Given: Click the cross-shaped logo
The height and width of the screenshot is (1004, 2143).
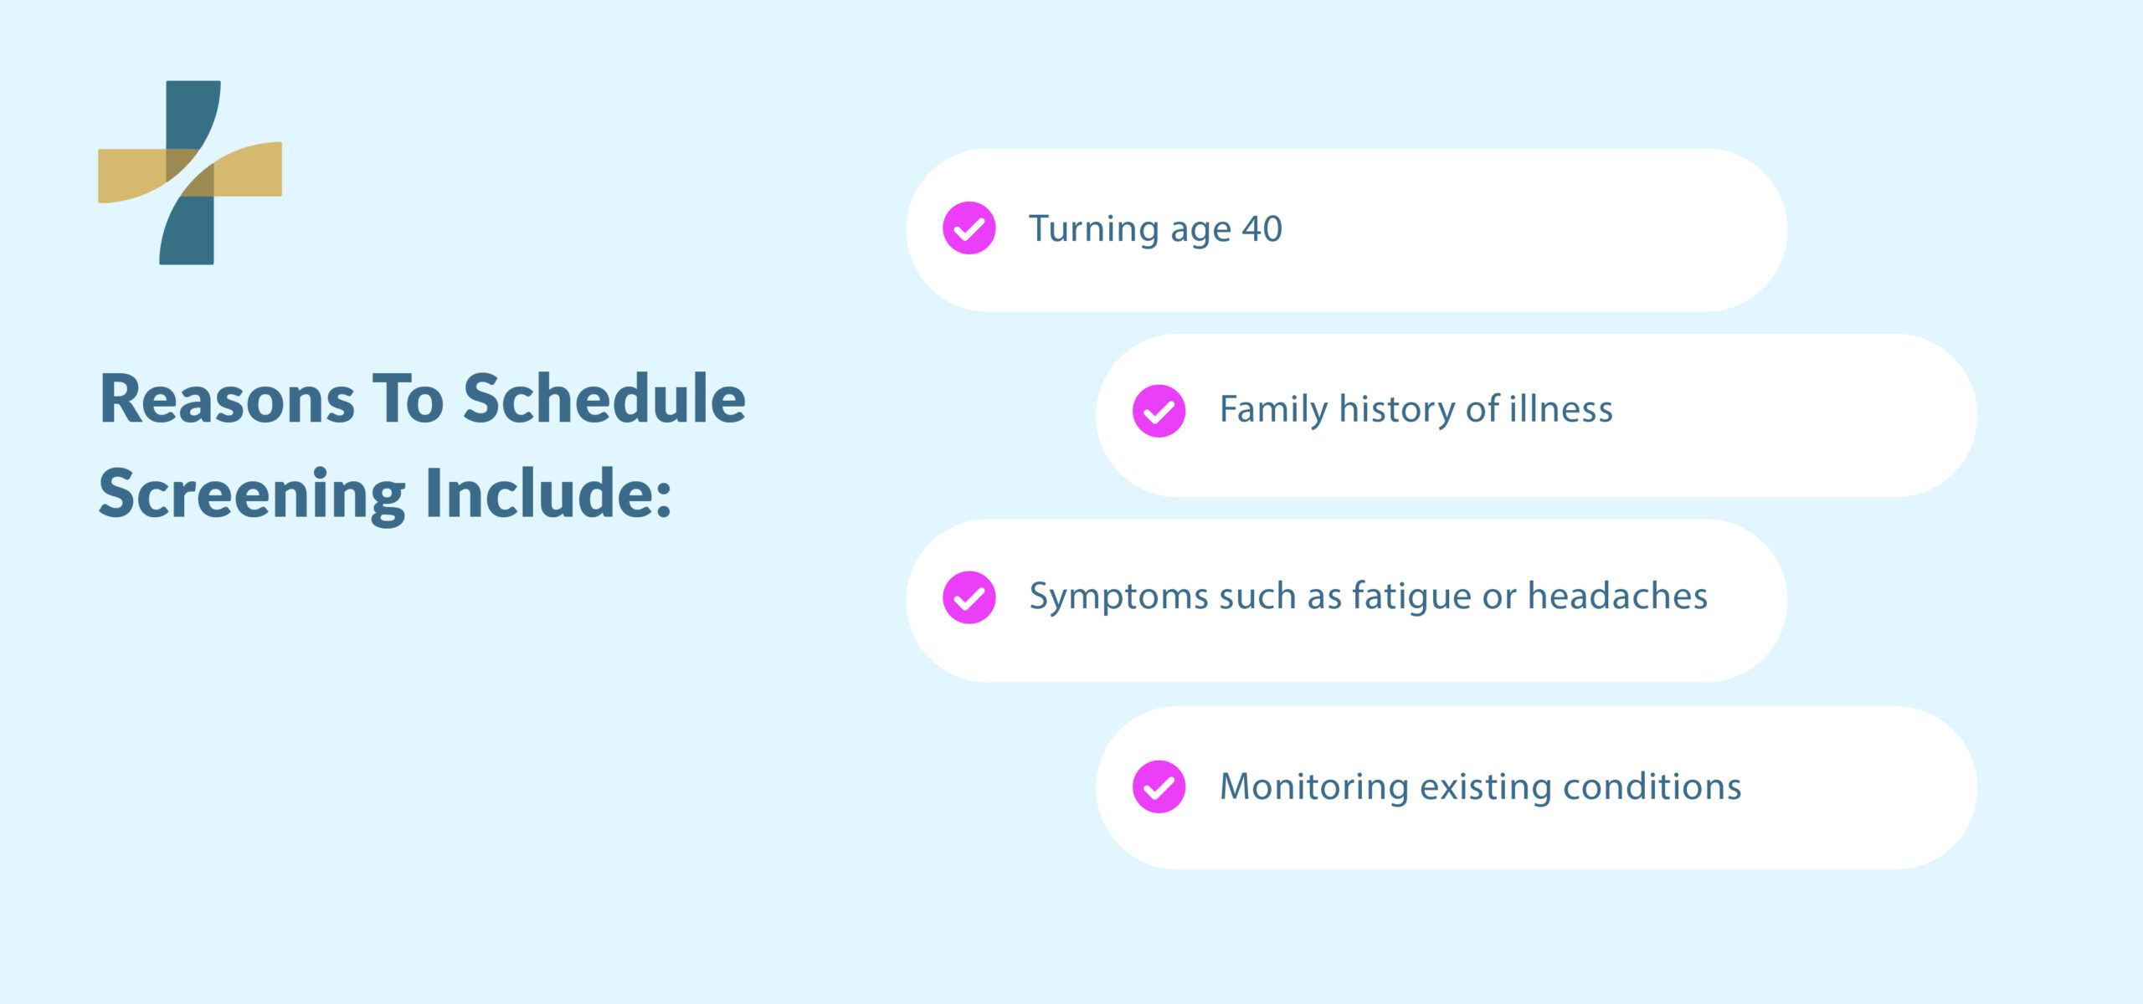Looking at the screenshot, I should coord(190,172).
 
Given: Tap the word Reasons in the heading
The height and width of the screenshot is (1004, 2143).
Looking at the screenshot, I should coord(227,400).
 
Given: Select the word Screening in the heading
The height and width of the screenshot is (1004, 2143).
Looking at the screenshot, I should coord(252,495).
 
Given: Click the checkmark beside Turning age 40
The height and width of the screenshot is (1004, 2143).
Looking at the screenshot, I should coord(969,228).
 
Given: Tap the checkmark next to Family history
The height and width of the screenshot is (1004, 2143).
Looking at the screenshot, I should coord(1159,411).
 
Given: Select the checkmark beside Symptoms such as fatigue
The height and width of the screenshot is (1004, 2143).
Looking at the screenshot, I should coord(969,597).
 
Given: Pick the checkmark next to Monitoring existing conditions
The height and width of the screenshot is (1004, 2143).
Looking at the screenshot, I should coord(1159,786).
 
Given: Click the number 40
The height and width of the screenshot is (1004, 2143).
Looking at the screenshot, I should coord(1262,229).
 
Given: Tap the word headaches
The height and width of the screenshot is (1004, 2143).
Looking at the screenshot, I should coord(1617,597).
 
